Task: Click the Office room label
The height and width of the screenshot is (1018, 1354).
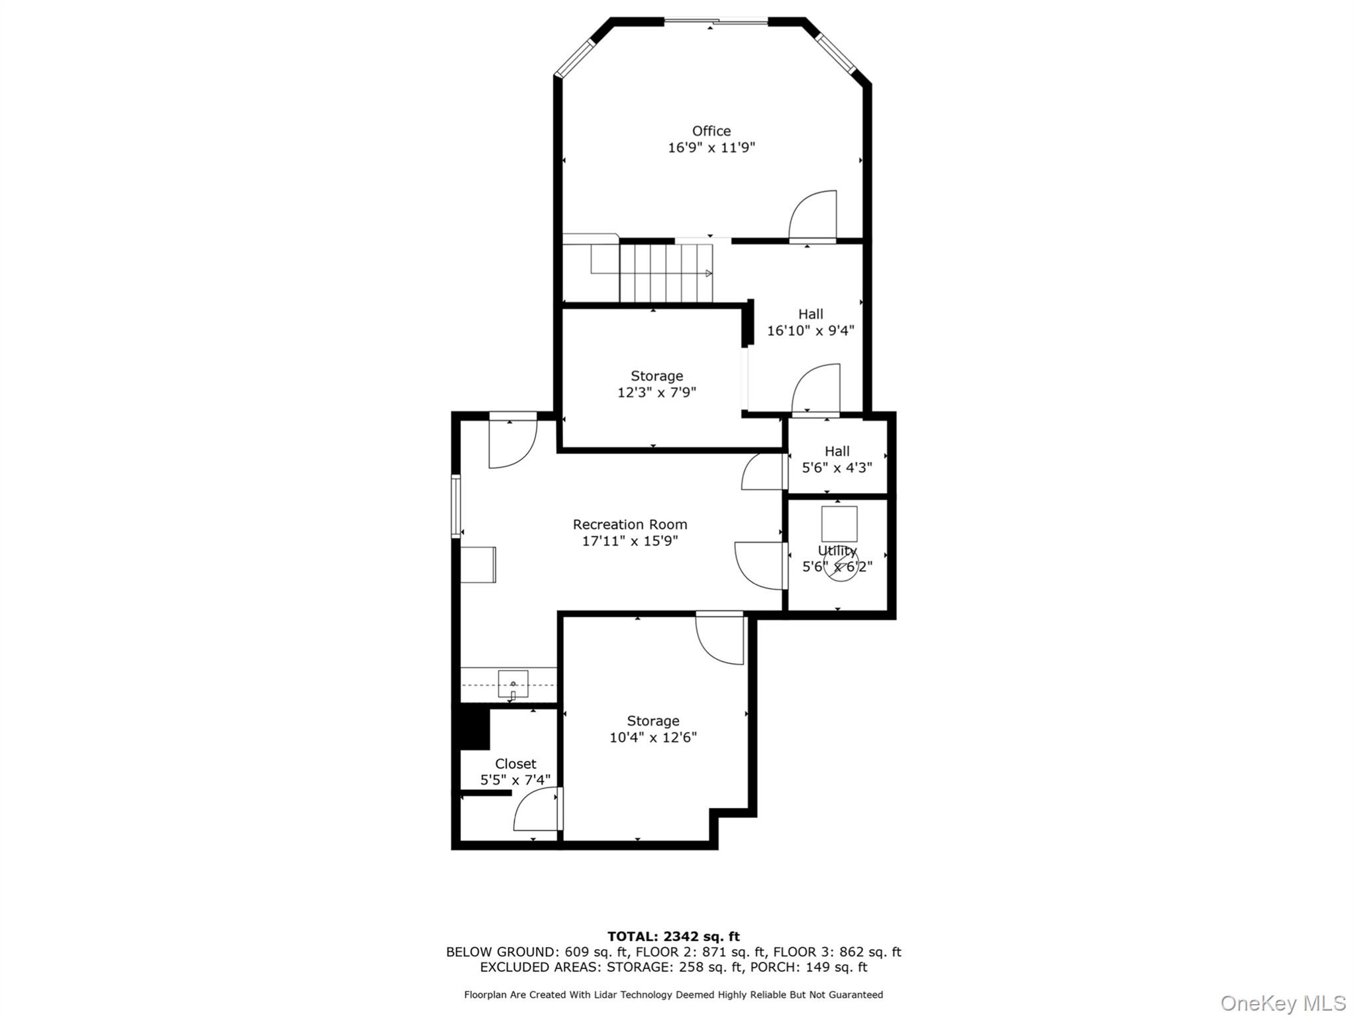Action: (x=711, y=131)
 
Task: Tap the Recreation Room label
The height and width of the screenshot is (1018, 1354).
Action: (x=629, y=524)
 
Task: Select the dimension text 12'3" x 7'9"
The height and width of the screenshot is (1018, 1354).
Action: (x=656, y=392)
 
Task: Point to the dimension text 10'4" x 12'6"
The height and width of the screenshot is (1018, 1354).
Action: (x=652, y=737)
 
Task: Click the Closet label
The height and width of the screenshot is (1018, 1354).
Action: (x=515, y=763)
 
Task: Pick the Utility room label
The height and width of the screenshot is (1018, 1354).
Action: (x=837, y=551)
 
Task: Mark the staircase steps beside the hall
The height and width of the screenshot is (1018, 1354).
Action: (x=665, y=272)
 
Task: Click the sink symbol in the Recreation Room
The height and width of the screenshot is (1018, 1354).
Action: (x=513, y=684)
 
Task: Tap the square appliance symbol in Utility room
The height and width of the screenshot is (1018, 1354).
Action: (x=839, y=524)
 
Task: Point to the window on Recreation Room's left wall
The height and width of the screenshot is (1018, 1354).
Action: (x=456, y=506)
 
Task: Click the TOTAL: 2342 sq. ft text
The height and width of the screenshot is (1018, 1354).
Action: (x=673, y=936)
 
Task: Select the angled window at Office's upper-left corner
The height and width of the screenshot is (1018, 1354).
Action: (x=575, y=57)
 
